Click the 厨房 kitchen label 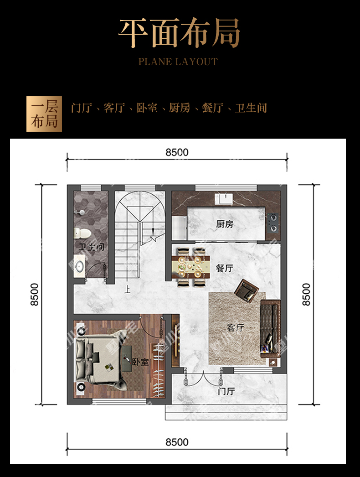tap(225, 224)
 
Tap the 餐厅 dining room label tap(225, 268)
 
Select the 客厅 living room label tap(236, 327)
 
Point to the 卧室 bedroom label tap(140, 362)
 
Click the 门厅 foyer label tap(226, 391)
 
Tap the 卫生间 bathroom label tap(91, 247)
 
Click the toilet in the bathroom tap(82, 233)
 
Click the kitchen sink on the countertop tap(223, 199)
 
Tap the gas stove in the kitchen tap(273, 222)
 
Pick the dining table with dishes tap(191, 267)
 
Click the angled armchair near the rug tap(246, 290)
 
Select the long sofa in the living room tap(270, 328)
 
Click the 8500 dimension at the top tap(177, 152)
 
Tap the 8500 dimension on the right tap(306, 295)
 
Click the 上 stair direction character tap(128, 289)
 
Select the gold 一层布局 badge tap(44, 114)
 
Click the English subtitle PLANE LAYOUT tap(178, 62)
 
